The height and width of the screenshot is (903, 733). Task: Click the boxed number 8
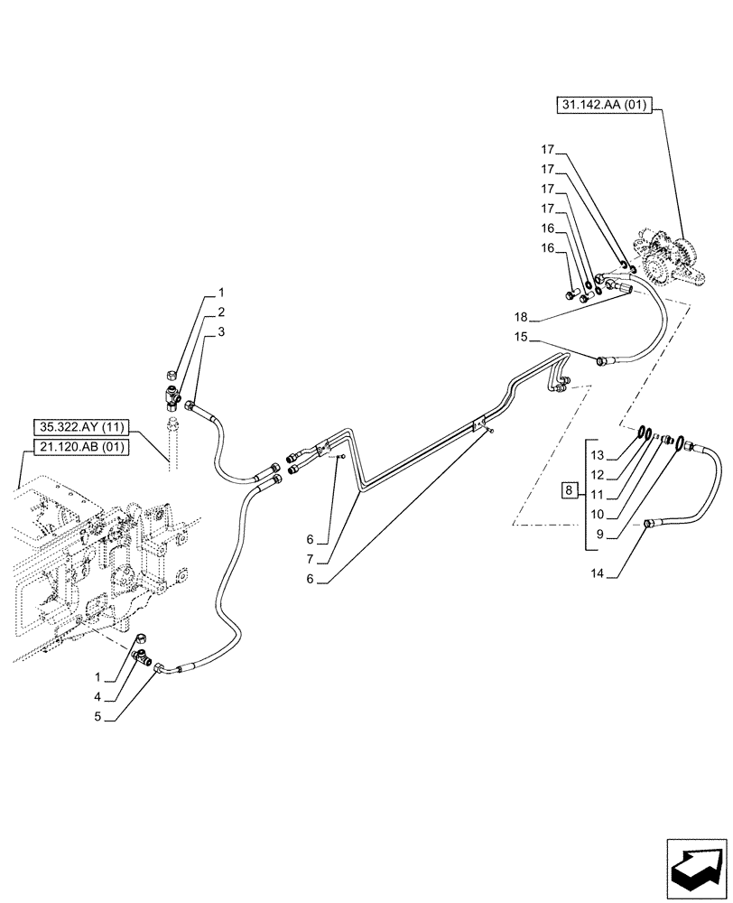(567, 490)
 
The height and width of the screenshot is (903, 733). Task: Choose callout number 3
(220, 332)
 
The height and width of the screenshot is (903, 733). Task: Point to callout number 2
(220, 312)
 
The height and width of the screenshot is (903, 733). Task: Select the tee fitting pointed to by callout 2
(172, 394)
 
